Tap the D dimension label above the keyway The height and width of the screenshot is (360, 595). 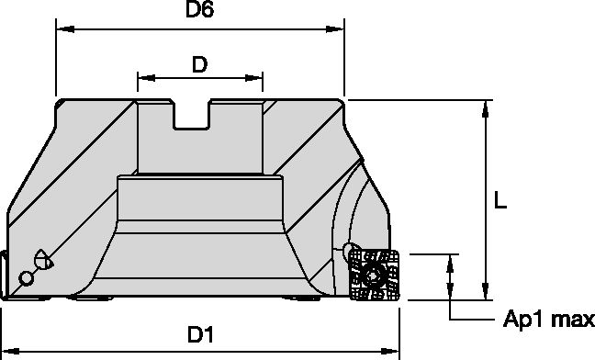tap(199, 64)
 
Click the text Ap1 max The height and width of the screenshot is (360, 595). tap(548, 319)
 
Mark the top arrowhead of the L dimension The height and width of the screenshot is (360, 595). tap(484, 107)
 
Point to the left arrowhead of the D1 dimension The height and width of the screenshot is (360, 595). tap(7, 350)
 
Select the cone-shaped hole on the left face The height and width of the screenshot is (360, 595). tap(41, 260)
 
